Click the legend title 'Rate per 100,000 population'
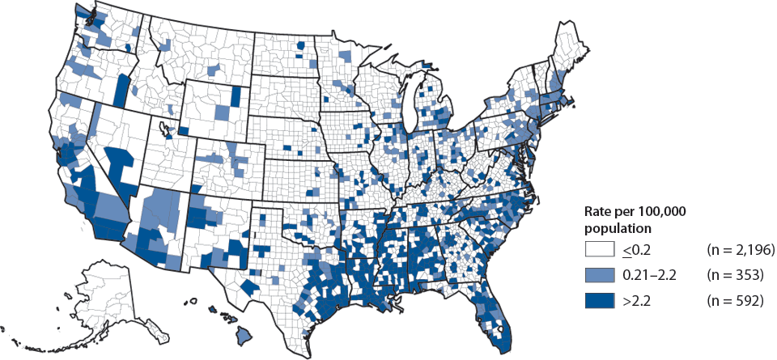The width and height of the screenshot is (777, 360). [635, 218]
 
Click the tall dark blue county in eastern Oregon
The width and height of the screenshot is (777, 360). [122, 89]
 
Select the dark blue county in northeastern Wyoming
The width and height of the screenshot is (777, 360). [236, 95]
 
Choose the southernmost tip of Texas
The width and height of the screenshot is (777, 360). [306, 354]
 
